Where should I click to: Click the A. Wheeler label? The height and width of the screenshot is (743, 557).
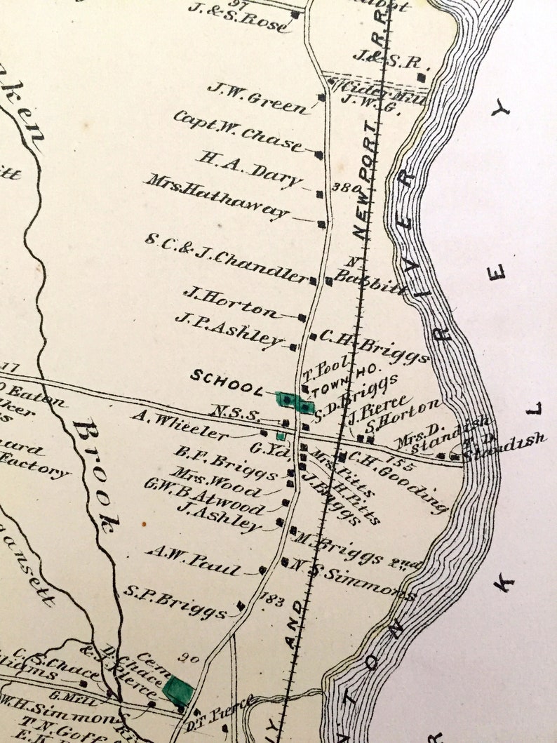(180, 425)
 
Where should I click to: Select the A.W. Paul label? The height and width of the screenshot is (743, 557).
(194, 560)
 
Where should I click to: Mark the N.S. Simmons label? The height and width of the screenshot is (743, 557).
(351, 580)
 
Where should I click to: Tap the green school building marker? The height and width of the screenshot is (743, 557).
(295, 402)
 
